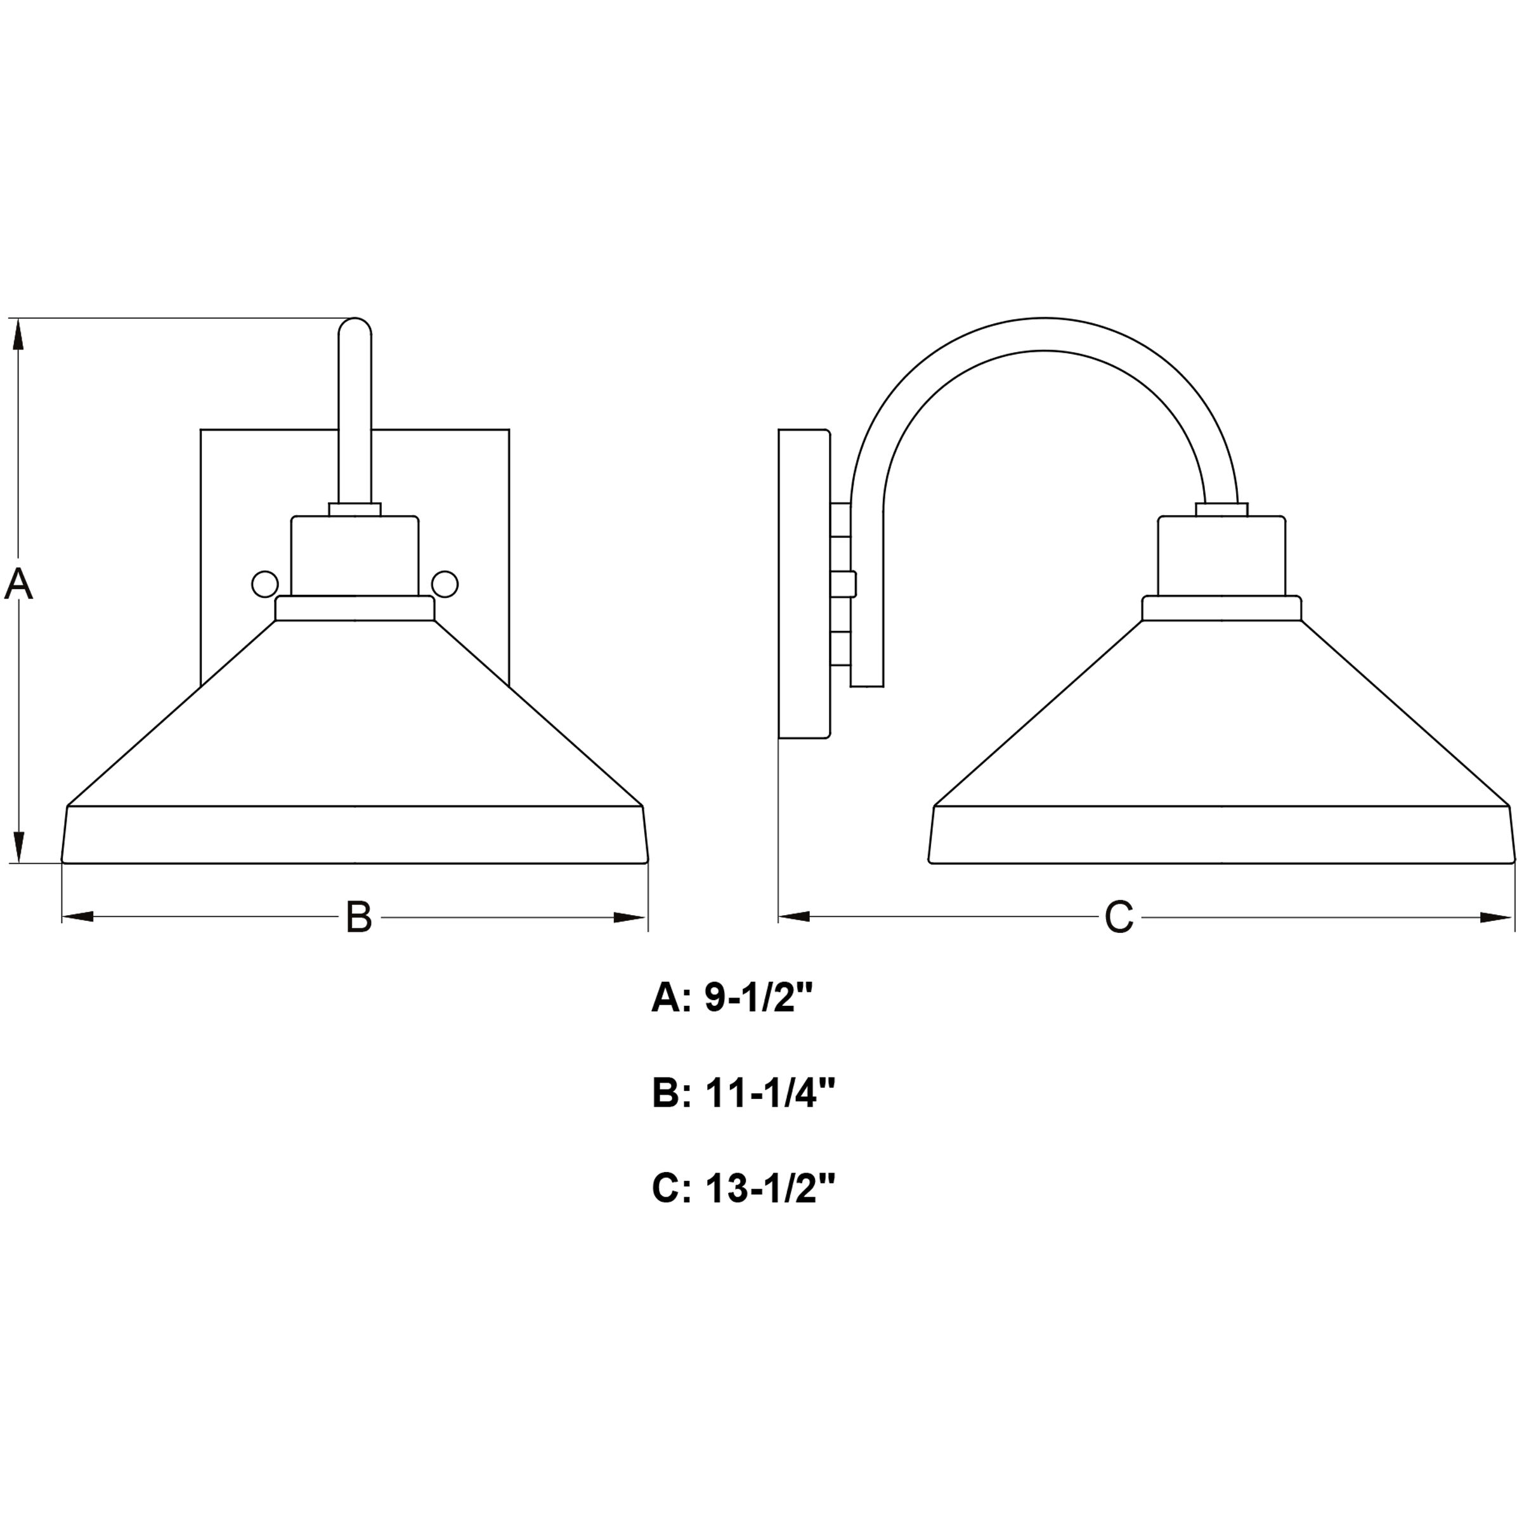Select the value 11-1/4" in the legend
(x=769, y=1094)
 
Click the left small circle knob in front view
(x=264, y=584)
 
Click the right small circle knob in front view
(x=445, y=584)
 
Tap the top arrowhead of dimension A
(x=19, y=334)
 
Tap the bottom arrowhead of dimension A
(x=19, y=847)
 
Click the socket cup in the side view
(x=1221, y=556)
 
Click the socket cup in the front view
(x=355, y=556)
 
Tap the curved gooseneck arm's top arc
(x=1045, y=334)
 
